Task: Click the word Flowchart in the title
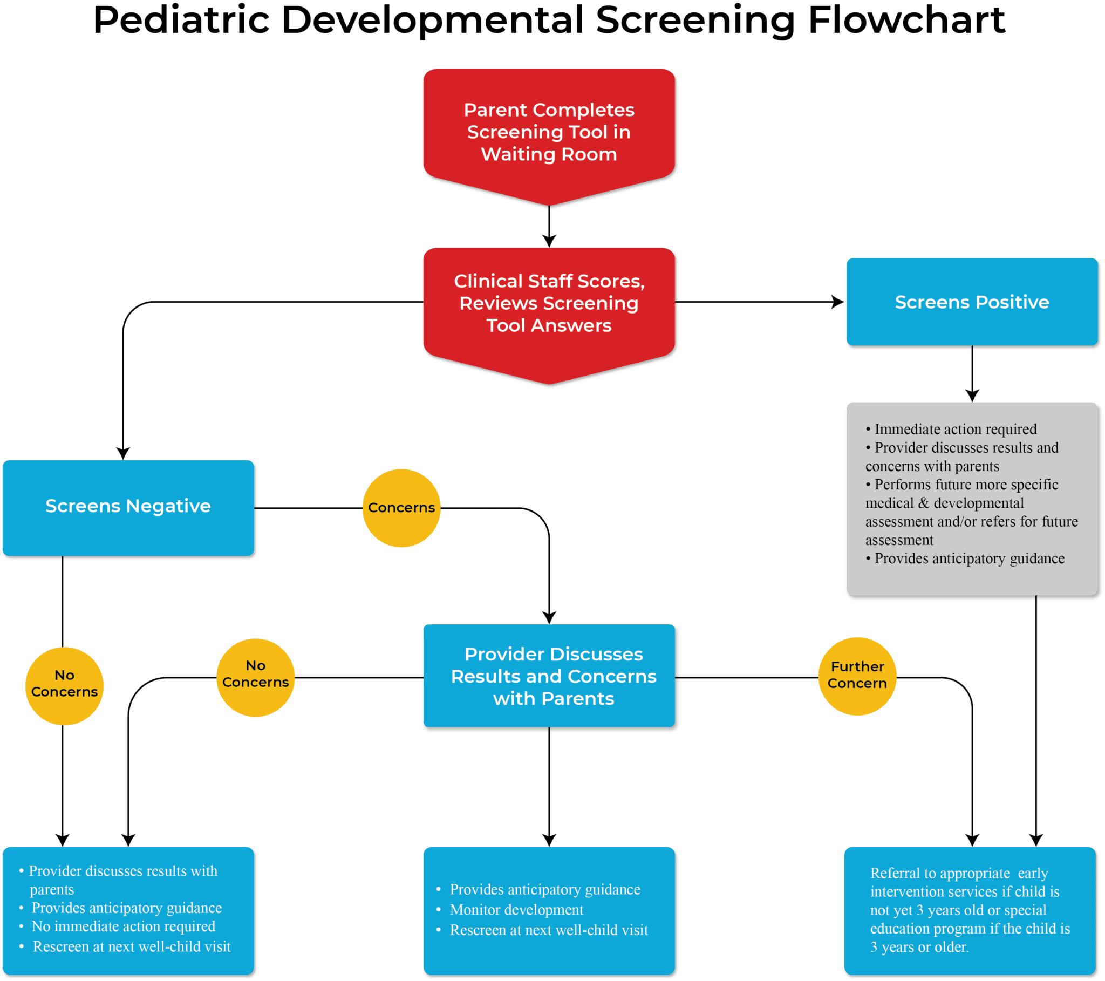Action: pyautogui.click(x=906, y=21)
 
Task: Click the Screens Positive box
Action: pyautogui.click(x=972, y=302)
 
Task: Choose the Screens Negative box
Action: pyautogui.click(x=128, y=506)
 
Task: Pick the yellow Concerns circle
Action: pyautogui.click(x=401, y=508)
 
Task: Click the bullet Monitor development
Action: pyautogui.click(x=516, y=910)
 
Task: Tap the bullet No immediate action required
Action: pyautogui.click(x=123, y=927)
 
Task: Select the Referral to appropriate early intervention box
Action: pyautogui.click(x=971, y=910)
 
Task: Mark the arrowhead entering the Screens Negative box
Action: pyautogui.click(x=123, y=453)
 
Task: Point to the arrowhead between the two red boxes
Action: pyautogui.click(x=549, y=241)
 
